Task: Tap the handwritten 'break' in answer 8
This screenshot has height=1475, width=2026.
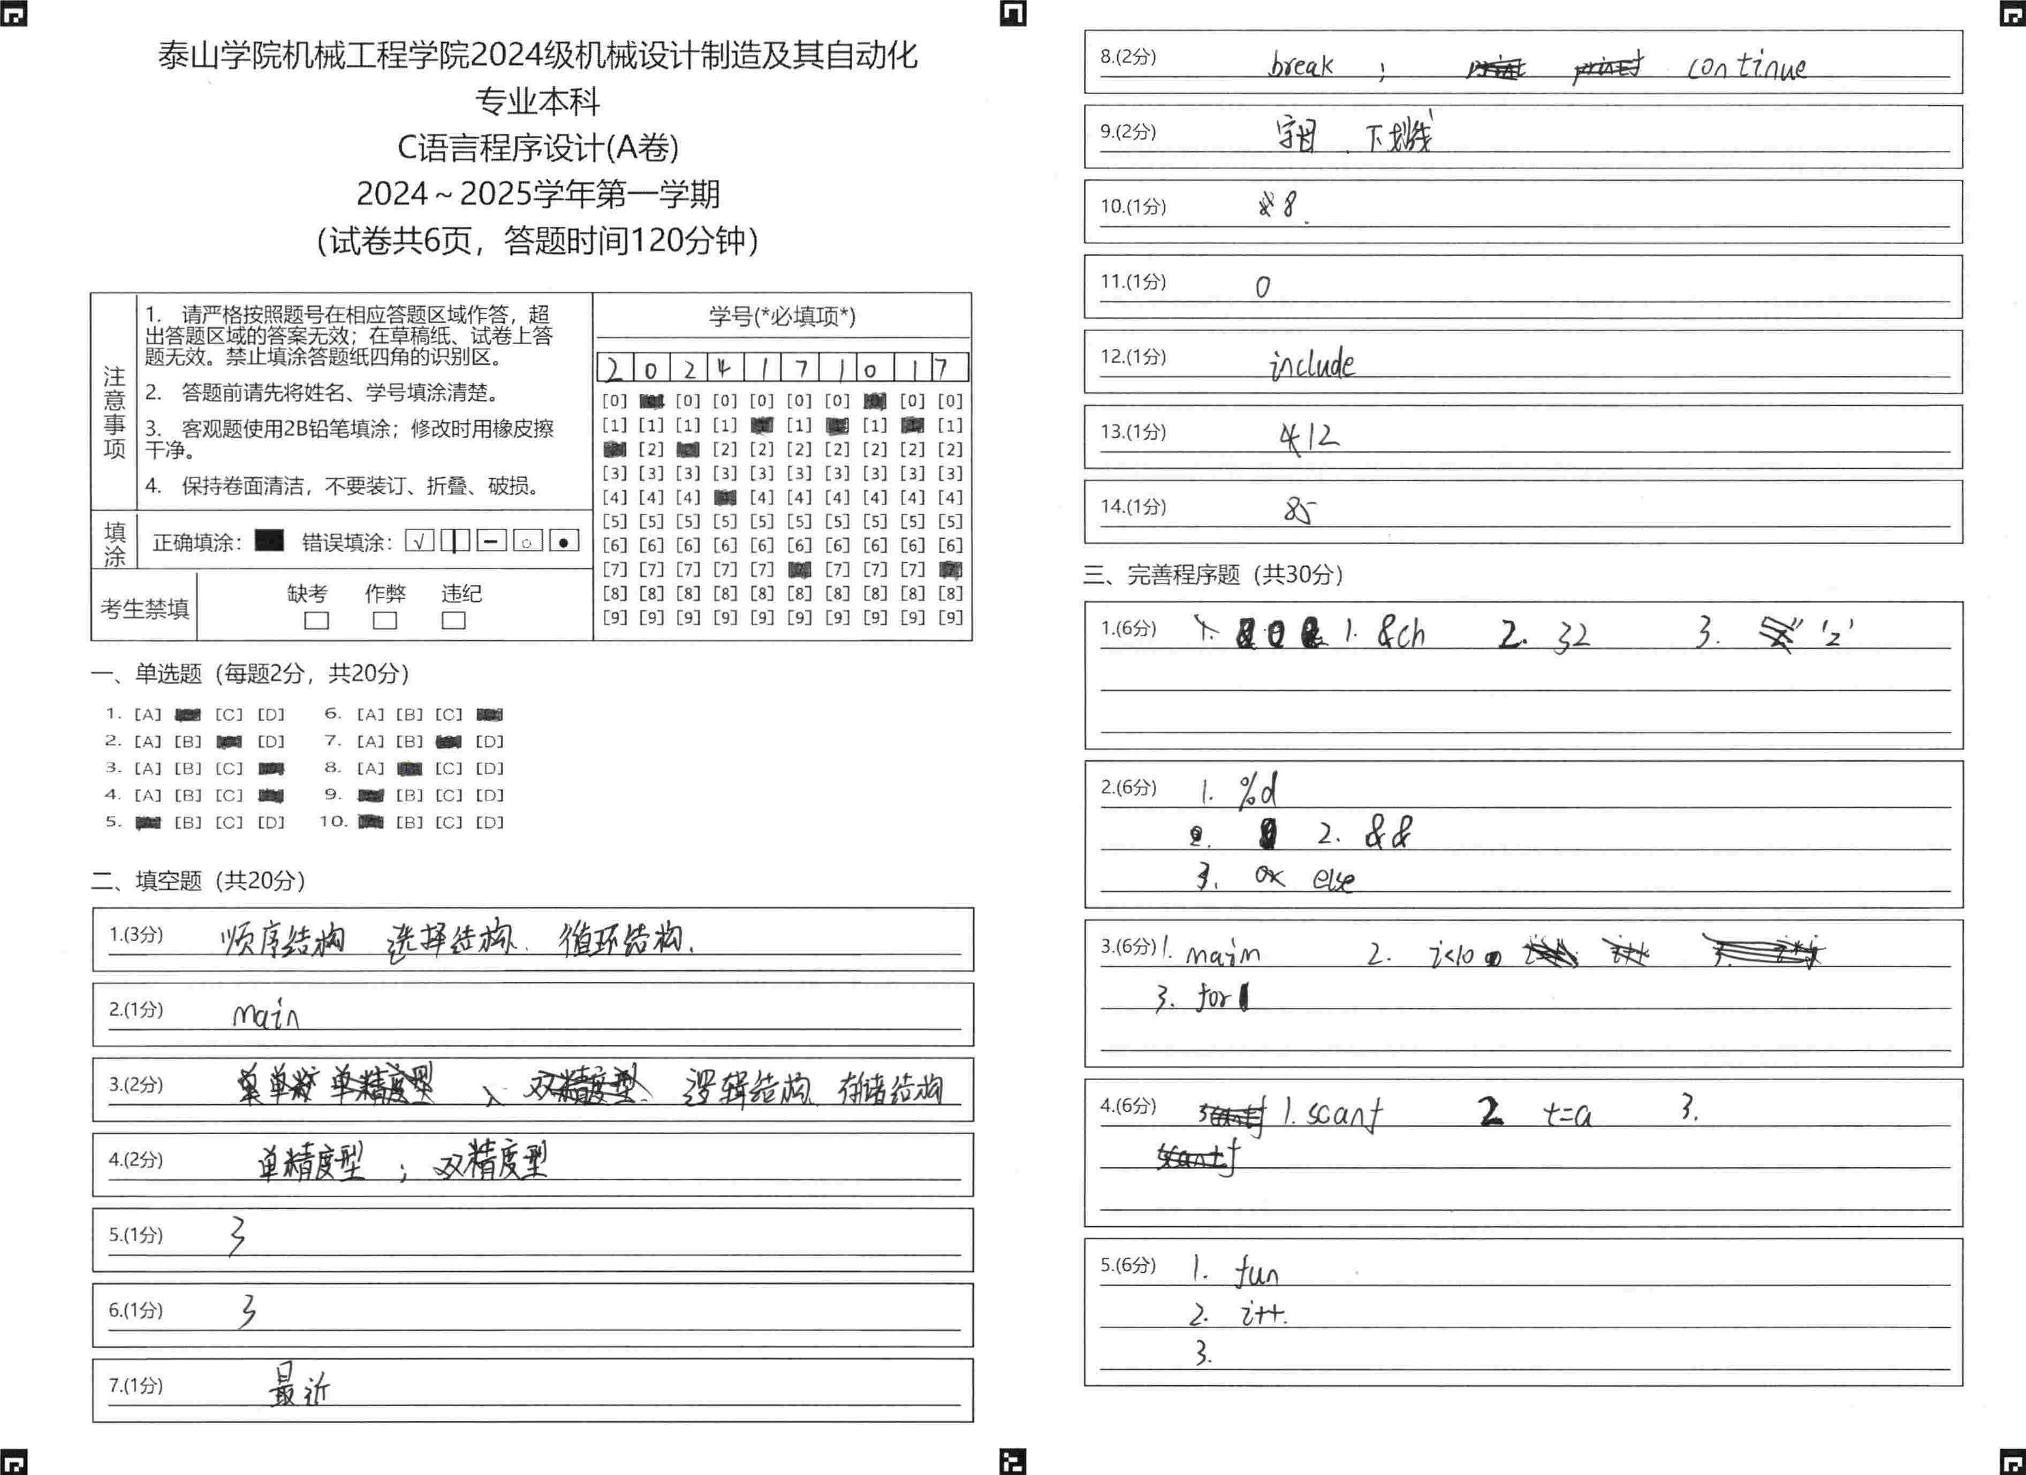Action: (x=1301, y=65)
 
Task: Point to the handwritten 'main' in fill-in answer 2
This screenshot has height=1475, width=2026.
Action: (x=265, y=1015)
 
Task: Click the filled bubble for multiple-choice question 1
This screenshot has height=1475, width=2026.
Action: (x=187, y=714)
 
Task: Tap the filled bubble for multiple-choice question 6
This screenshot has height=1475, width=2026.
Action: (x=490, y=714)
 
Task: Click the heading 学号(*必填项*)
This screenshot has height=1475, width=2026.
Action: (x=781, y=316)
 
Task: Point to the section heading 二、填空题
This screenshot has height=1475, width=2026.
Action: (x=198, y=881)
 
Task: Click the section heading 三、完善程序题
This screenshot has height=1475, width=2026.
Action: (x=1212, y=574)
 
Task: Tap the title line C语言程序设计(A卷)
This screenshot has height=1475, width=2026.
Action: (x=538, y=147)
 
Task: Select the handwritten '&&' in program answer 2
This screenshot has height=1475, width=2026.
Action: (x=1387, y=833)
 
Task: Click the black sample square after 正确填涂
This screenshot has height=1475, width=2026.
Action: (x=269, y=541)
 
